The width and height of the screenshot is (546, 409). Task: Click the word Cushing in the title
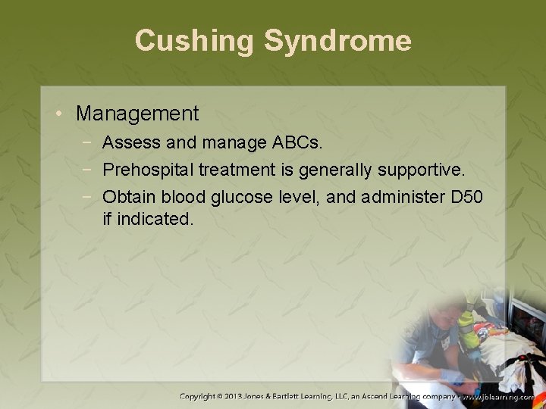point(195,40)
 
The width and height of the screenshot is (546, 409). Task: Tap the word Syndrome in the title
point(337,40)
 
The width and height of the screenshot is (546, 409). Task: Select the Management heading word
point(137,114)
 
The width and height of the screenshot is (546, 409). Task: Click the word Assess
point(130,142)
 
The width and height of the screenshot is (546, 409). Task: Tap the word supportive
point(433,170)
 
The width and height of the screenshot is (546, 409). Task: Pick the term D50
point(466,197)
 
